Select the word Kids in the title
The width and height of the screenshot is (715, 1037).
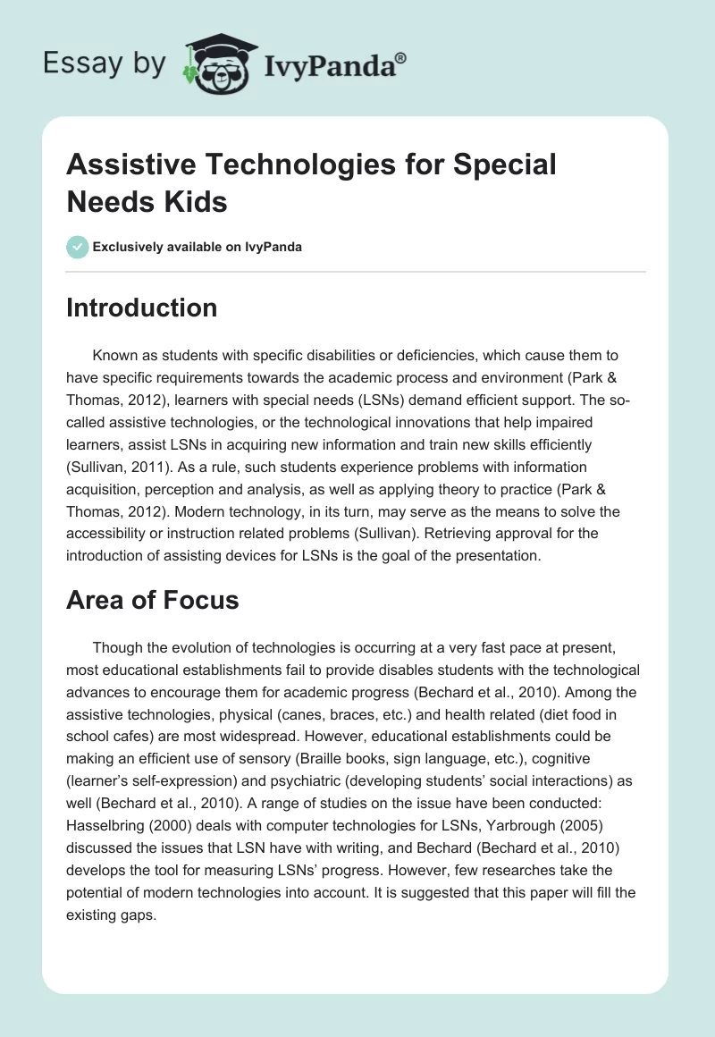click(198, 201)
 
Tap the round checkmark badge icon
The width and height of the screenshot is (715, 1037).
click(77, 247)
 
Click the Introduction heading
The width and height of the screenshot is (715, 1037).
click(141, 308)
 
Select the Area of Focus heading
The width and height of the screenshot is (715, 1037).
click(152, 600)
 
